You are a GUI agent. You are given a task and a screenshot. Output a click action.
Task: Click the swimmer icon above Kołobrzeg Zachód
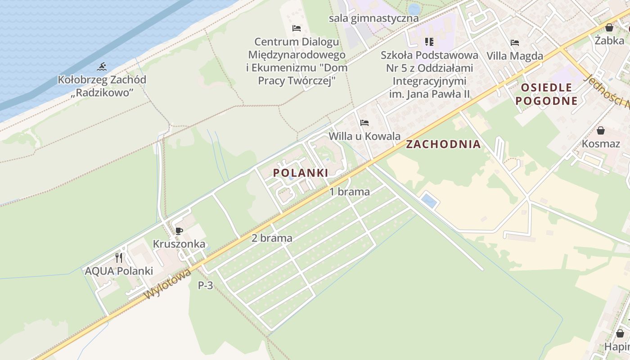(102, 67)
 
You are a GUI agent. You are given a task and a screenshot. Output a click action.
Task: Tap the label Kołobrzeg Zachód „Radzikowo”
(102, 86)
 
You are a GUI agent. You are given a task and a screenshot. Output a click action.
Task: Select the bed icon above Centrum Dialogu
(297, 28)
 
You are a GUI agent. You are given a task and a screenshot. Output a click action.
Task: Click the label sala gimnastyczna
(373, 18)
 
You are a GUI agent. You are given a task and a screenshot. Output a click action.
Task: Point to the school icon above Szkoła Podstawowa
(429, 42)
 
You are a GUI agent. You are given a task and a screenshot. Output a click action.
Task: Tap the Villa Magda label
(515, 56)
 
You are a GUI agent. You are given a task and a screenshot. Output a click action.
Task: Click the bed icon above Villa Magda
(515, 43)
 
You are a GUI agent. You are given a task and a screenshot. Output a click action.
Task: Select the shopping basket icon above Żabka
(609, 27)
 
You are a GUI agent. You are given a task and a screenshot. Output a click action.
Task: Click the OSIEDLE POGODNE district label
(546, 94)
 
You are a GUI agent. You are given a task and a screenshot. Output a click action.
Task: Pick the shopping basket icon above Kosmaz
(600, 131)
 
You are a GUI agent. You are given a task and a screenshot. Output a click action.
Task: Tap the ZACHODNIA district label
(443, 144)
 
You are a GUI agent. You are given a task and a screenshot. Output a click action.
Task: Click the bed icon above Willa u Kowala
(364, 122)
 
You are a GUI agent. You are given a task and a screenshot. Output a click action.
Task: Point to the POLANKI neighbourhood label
(301, 173)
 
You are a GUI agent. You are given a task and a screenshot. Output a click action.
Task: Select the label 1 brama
(350, 192)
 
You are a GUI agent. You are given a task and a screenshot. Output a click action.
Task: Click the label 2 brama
(272, 238)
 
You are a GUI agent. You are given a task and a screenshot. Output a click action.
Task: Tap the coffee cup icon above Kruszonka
(179, 231)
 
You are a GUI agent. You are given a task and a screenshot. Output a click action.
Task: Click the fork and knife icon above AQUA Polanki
(119, 258)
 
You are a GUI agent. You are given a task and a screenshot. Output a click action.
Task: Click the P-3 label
(205, 285)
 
